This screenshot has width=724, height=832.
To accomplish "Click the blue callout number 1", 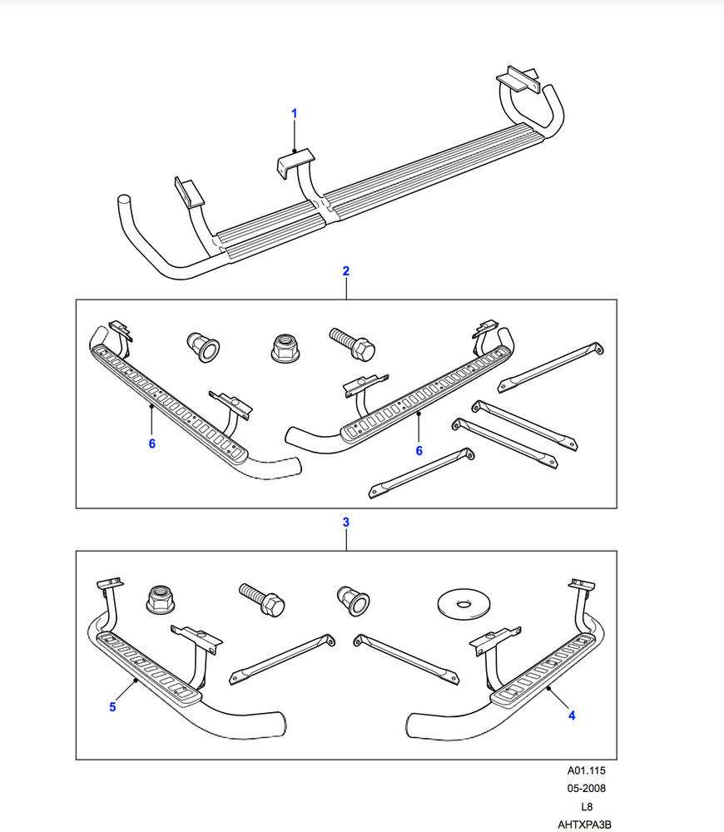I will click(294, 112).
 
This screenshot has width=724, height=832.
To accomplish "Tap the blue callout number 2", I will click(345, 271).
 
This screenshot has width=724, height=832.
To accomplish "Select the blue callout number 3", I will click(345, 522).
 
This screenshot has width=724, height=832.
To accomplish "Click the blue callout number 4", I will click(573, 714).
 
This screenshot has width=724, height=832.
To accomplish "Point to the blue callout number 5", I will click(112, 707).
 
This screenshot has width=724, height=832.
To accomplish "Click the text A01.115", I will click(587, 771).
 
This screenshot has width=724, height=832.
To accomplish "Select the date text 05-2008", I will click(587, 789).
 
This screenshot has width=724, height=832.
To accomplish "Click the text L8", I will click(587, 807).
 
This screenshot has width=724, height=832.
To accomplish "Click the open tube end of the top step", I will click(124, 202).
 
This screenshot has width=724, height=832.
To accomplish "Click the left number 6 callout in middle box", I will click(152, 444).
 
